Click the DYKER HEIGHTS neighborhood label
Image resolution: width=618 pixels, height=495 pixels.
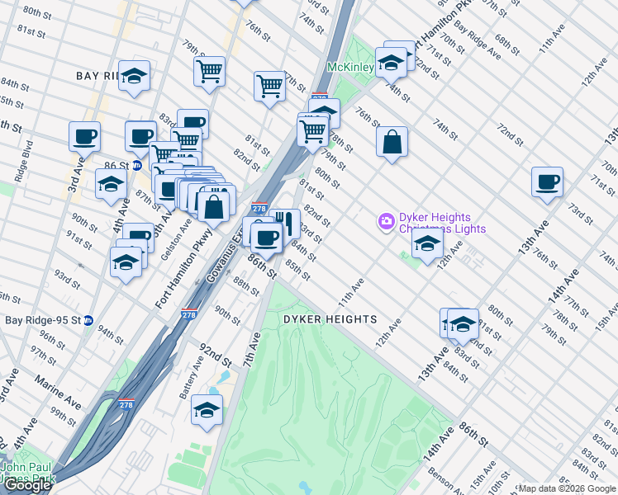pyautogui.click(x=330, y=319)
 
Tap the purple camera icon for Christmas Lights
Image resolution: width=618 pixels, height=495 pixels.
pyautogui.click(x=386, y=221)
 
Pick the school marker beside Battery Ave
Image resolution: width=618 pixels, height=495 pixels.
pyautogui.click(x=207, y=409)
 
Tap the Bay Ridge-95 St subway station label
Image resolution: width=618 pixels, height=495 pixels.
pyautogui.click(x=41, y=320)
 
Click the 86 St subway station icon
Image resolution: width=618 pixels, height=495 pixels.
pyautogui.click(x=137, y=165)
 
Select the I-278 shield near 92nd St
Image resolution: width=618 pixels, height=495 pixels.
pyautogui.click(x=189, y=314)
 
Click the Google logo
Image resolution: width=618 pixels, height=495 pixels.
pyautogui.click(x=27, y=485)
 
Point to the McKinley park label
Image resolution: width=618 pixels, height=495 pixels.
pyautogui.click(x=351, y=66)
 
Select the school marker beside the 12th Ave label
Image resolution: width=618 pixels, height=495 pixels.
pyautogui.click(x=426, y=244)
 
